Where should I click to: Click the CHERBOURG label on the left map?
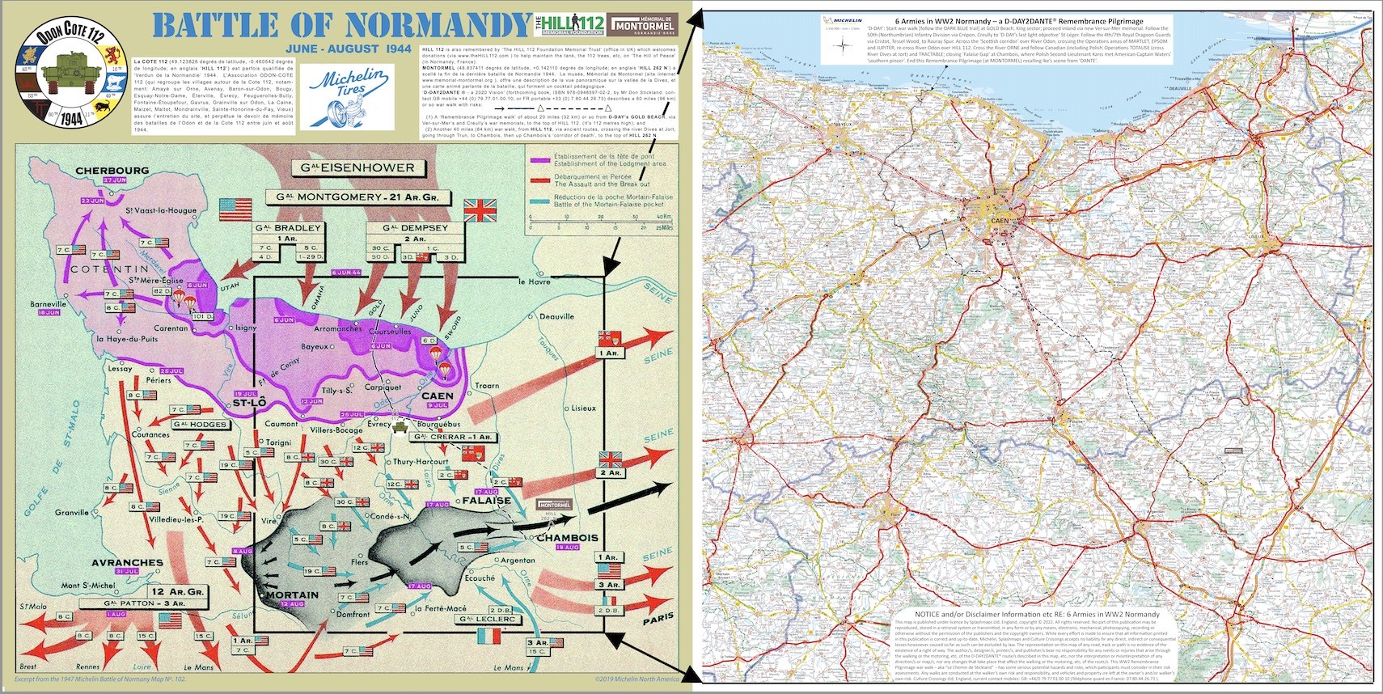tap(112, 171)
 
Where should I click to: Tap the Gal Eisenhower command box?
tap(357, 168)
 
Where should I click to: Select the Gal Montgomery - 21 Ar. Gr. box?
tap(357, 197)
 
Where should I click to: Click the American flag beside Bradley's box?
tap(236, 209)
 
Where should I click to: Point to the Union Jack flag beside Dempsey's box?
tap(480, 211)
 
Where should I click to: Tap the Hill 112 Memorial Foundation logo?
tap(570, 24)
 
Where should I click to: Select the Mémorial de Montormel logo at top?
tap(643, 24)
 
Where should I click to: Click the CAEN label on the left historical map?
tap(437, 396)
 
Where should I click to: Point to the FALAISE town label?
tap(486, 501)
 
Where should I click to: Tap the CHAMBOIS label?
tap(567, 538)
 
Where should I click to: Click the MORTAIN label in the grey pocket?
tap(292, 595)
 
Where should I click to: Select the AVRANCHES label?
tap(127, 562)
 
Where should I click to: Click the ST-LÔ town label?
tap(248, 403)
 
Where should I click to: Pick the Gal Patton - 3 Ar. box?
tap(145, 603)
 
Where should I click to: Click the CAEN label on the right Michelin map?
tap(1000, 220)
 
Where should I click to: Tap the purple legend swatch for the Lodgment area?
tap(539, 160)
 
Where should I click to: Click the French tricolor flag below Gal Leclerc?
tap(489, 636)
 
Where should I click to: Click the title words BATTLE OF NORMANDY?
tap(341, 26)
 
